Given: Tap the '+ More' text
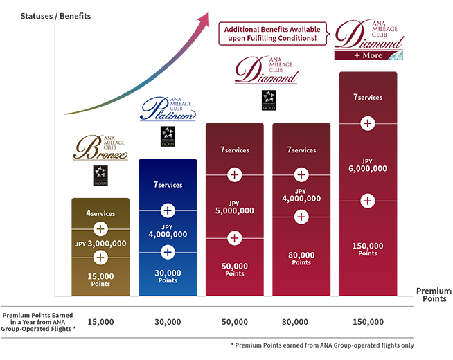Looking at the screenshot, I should [368, 55].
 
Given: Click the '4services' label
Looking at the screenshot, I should [100, 213].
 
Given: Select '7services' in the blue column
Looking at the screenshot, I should [167, 185].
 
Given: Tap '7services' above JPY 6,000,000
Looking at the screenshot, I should [368, 98].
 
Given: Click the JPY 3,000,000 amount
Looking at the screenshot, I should [100, 243].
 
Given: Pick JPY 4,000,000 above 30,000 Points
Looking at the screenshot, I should [167, 231].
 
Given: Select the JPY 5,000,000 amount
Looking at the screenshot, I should [235, 207].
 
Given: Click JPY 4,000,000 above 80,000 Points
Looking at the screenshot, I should [301, 195].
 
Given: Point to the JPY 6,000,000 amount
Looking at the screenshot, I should [368, 164].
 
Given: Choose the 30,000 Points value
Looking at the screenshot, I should [167, 276].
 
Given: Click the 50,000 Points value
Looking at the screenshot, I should [235, 269].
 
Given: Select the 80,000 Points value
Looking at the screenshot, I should [301, 258].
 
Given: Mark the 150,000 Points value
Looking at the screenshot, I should [368, 249].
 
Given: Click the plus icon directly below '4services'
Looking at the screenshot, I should [100, 228].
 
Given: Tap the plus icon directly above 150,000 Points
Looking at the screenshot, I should [368, 201].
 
